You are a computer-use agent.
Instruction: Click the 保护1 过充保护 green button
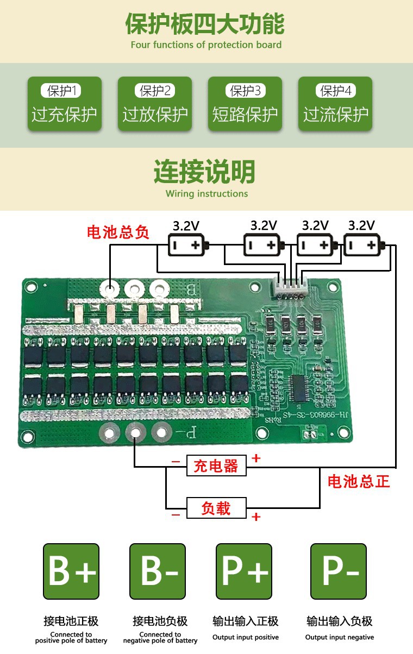64,104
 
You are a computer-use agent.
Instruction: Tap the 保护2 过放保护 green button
155,104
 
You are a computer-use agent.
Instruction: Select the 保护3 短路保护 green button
245,104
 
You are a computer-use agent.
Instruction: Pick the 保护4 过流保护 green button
335,104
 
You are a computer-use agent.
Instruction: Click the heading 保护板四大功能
205,24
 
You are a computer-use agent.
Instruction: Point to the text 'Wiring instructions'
206,194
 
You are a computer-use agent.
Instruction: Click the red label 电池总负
118,232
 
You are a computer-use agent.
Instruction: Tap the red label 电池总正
359,481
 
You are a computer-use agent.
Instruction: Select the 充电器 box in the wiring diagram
216,466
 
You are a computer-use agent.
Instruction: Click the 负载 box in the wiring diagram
216,508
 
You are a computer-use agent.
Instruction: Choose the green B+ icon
71,571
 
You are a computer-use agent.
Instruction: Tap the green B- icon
158,571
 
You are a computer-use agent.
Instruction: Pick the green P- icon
339,571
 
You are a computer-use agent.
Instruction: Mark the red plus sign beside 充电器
256,458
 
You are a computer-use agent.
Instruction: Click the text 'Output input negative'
340,637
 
